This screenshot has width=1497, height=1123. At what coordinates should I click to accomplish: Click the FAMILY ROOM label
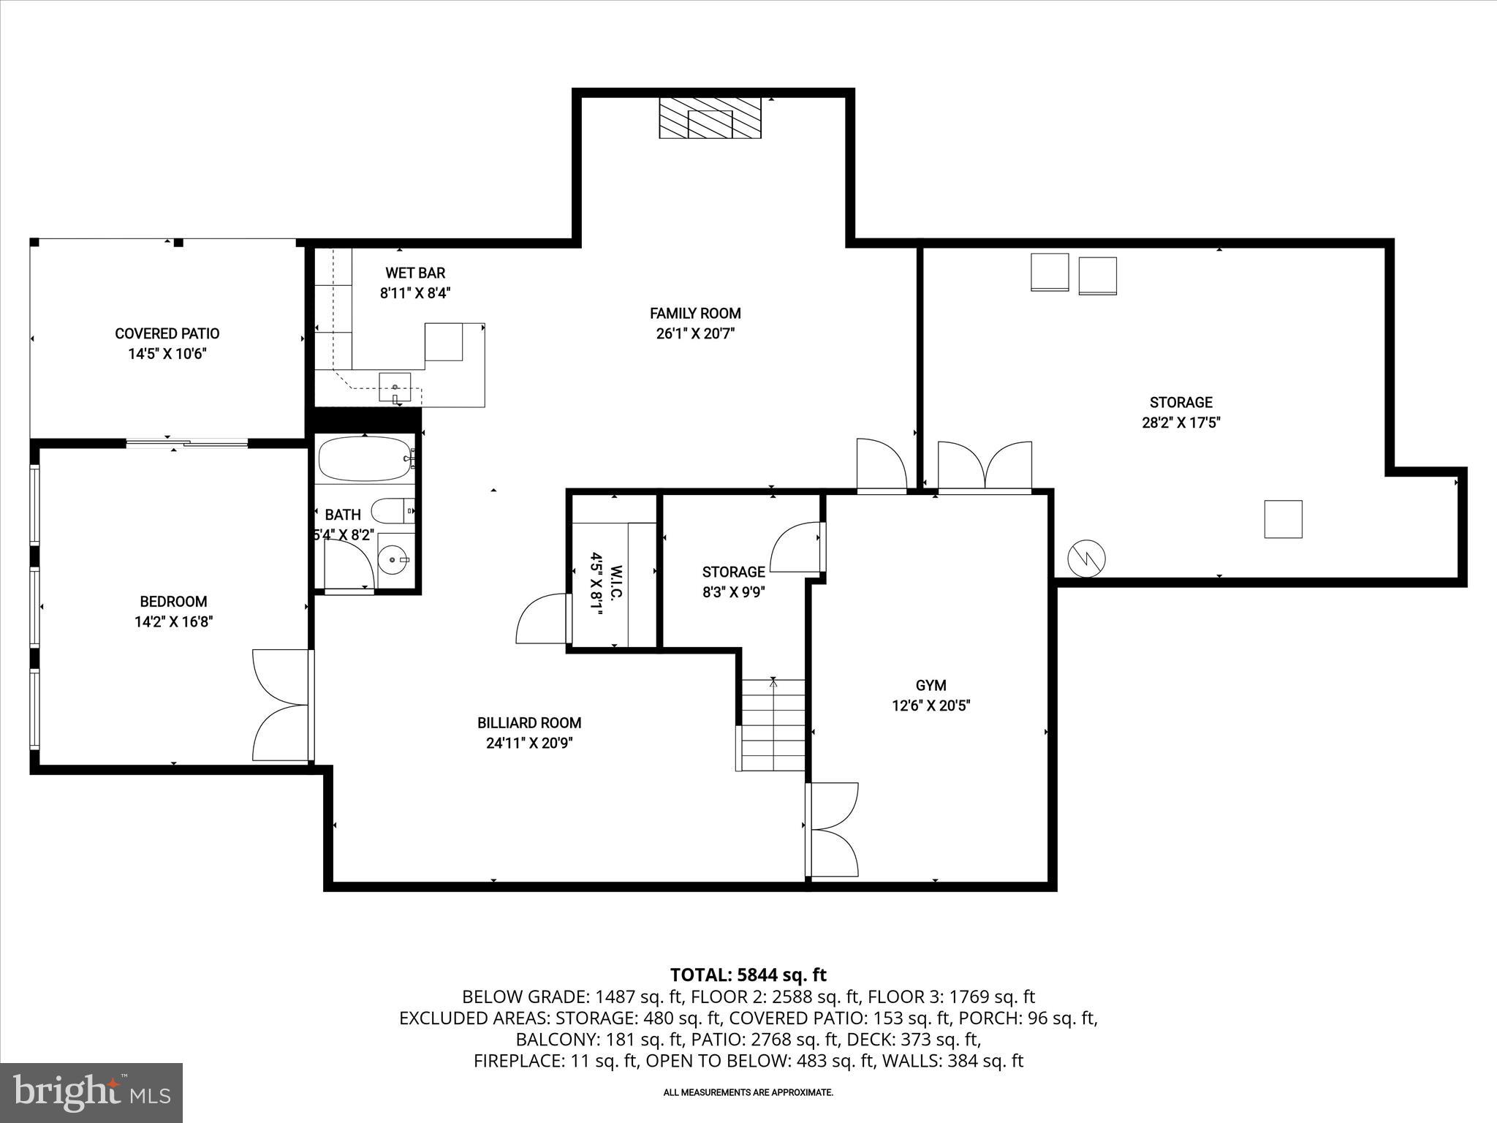coord(695,314)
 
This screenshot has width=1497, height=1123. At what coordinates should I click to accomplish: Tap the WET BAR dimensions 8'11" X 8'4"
coord(415,293)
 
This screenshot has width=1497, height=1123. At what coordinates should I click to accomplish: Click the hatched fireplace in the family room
coord(710,118)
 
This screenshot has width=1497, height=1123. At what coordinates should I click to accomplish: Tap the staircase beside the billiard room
coord(773,724)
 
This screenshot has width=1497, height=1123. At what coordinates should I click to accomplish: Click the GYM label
coord(931,685)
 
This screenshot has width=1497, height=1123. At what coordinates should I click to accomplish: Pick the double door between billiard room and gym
coord(833,829)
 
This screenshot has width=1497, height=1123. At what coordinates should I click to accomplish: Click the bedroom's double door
coord(279,705)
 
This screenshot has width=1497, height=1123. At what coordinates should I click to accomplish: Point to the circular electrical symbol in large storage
coord(1086,559)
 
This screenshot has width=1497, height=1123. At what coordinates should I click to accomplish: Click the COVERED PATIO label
coord(167,333)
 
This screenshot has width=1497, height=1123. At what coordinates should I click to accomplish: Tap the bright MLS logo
coord(91,1092)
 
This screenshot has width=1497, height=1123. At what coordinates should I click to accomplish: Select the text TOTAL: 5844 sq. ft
coord(748,975)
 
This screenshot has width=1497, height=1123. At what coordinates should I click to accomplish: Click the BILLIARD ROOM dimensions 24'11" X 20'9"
coord(529,744)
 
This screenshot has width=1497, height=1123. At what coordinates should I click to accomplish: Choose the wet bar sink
coord(395,387)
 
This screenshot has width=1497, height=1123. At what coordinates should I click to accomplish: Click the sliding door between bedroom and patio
coord(187,442)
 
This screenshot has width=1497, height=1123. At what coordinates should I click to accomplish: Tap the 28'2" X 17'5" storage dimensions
coord(1181,423)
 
